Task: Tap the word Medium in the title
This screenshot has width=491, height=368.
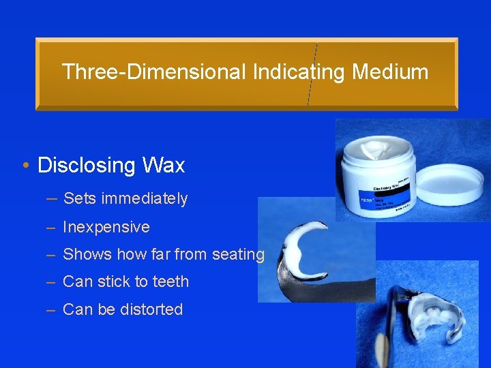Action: [391, 72]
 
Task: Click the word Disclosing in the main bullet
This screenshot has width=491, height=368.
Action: [87, 166]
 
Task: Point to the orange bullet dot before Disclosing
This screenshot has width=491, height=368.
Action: [25, 166]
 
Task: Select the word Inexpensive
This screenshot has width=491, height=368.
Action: [106, 227]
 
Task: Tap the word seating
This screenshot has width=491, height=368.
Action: [238, 255]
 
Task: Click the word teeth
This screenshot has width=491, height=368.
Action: [171, 282]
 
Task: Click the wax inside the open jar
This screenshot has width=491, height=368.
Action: [372, 147]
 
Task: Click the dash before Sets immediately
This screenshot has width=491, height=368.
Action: [52, 199]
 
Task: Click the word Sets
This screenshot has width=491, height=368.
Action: [79, 199]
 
